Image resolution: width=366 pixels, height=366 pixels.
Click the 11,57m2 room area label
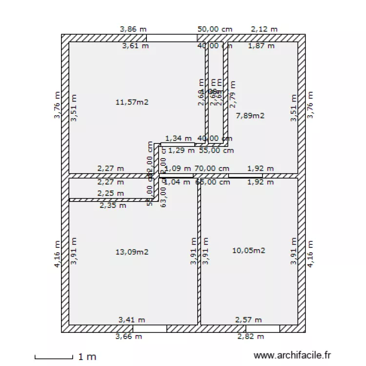pyautogui.click(x=132, y=102)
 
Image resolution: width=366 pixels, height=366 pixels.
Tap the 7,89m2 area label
pyautogui.click(x=250, y=116)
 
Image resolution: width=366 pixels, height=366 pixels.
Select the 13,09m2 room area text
pyautogui.click(x=132, y=252)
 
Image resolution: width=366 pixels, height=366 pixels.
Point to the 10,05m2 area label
pyautogui.click(x=248, y=250)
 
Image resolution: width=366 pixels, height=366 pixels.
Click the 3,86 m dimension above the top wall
pyautogui.click(x=133, y=29)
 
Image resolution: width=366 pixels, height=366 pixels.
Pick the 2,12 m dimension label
pyautogui.click(x=264, y=29)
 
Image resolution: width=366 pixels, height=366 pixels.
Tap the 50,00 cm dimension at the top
pyautogui.click(x=215, y=29)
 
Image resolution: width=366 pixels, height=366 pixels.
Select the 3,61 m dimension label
pyautogui.click(x=135, y=46)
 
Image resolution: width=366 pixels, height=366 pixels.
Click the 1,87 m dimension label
pyautogui.click(x=261, y=46)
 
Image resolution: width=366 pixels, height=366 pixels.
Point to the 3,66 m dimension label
pyautogui.click(x=128, y=336)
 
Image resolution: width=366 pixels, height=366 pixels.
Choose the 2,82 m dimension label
pyautogui.click(x=250, y=336)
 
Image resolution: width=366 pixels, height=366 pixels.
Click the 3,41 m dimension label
pyautogui.click(x=132, y=320)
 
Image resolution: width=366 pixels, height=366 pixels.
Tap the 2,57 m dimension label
pyautogui.click(x=248, y=320)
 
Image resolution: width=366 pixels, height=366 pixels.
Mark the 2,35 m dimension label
pyautogui.click(x=113, y=205)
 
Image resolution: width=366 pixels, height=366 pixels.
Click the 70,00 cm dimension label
pyautogui.click(x=212, y=168)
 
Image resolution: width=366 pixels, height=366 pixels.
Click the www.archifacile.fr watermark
pyautogui.click(x=292, y=356)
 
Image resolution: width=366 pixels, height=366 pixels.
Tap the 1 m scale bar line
pyautogui.click(x=53, y=358)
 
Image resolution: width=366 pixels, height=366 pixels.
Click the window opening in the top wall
pyautogui.click(x=172, y=38)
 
